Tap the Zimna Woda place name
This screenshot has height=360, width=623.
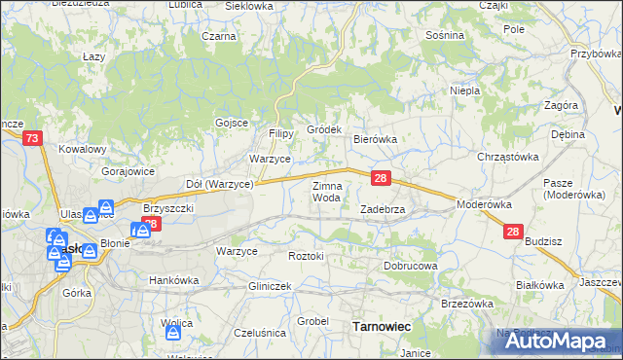(x=326, y=191)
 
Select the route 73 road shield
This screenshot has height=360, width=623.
(x=33, y=139)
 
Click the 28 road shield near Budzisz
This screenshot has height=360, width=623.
(x=514, y=232)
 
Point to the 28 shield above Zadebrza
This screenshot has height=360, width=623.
(x=382, y=178)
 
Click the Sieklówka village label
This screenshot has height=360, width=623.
(x=249, y=6)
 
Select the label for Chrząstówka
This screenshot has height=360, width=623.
(x=507, y=156)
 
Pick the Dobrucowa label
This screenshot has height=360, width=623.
(x=411, y=266)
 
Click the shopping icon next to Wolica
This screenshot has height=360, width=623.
(x=173, y=333)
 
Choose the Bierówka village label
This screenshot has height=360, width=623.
(x=375, y=139)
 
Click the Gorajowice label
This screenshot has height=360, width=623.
(x=129, y=170)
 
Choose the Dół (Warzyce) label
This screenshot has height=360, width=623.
(x=220, y=183)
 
